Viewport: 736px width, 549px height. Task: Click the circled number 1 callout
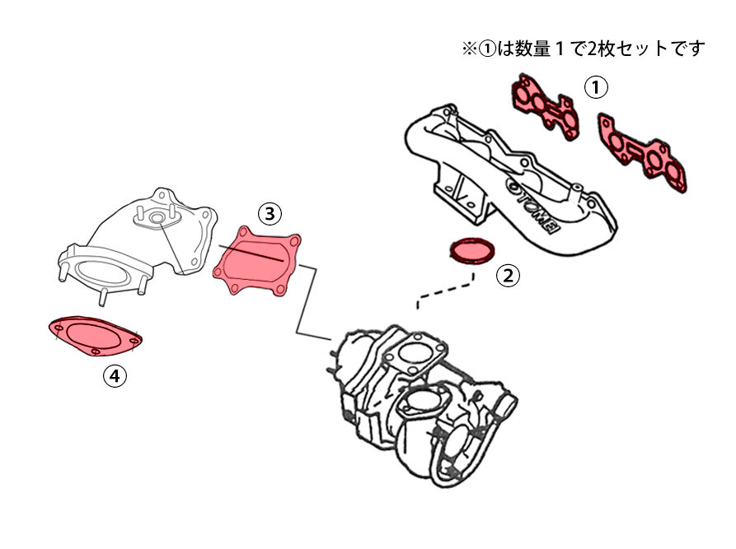(596, 86)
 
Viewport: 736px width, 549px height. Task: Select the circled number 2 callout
(508, 276)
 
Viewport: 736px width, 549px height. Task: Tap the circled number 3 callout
(270, 214)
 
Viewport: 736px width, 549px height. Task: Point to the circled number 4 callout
(115, 376)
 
